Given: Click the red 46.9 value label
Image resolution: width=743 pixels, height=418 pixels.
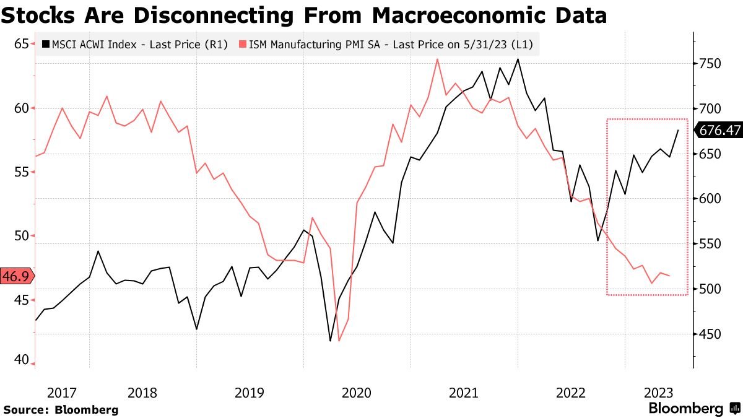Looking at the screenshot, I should (x=17, y=277).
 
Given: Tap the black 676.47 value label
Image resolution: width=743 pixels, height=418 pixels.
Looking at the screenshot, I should (x=718, y=130).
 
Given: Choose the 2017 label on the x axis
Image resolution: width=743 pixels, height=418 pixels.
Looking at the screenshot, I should (x=62, y=393).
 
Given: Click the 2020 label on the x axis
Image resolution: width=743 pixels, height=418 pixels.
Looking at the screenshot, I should (x=356, y=393).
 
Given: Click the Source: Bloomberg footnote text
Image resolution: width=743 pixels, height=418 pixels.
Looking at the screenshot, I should (x=61, y=409).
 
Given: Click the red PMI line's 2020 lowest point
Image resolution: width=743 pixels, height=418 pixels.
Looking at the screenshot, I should (x=339, y=341).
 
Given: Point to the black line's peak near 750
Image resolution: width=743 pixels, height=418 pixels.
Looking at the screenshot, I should (x=518, y=59).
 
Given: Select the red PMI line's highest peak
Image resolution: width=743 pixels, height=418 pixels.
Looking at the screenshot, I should (x=437, y=59).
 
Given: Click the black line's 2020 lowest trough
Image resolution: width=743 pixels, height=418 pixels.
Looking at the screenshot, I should (x=330, y=341).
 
